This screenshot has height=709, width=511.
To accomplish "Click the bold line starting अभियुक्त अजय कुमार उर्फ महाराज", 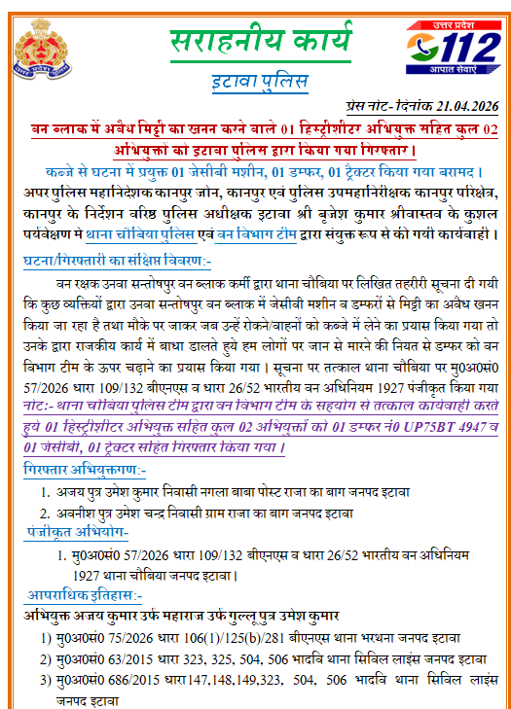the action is [x=180, y=617].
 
